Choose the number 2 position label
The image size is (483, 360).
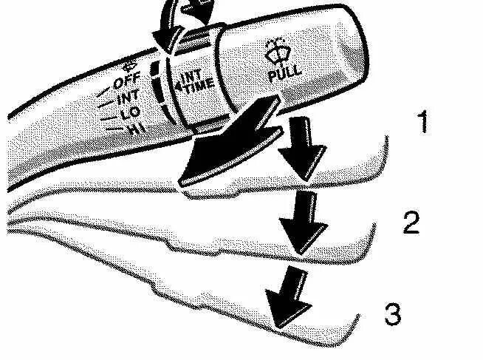tap(411, 223)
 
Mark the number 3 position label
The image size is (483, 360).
tap(394, 314)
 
